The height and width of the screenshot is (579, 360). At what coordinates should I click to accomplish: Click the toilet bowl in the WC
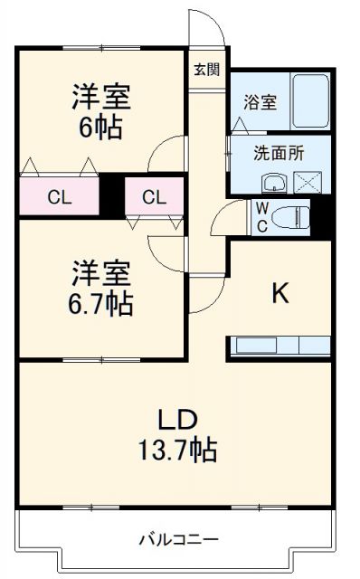point(291,218)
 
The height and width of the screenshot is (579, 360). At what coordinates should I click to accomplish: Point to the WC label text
point(261,216)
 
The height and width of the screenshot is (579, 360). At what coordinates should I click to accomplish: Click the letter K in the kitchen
point(280,295)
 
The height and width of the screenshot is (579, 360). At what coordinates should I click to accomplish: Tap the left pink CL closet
point(60,195)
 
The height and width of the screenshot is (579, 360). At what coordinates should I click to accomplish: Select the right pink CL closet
point(154,195)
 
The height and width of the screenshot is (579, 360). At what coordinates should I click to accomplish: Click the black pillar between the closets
point(111,195)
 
